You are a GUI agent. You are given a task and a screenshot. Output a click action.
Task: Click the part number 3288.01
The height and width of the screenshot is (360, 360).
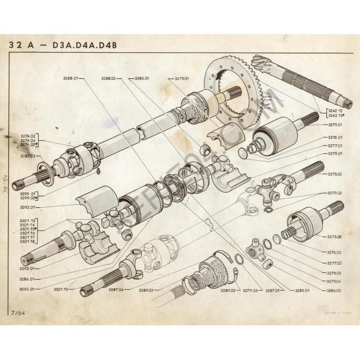click(71, 78)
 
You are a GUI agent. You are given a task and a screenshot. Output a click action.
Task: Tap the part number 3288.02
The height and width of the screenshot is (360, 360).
click(108, 78)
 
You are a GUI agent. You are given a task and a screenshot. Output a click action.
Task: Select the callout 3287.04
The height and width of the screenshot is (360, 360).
click(116, 290)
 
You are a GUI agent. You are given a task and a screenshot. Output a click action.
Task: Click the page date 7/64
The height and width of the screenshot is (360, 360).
click(16, 312)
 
